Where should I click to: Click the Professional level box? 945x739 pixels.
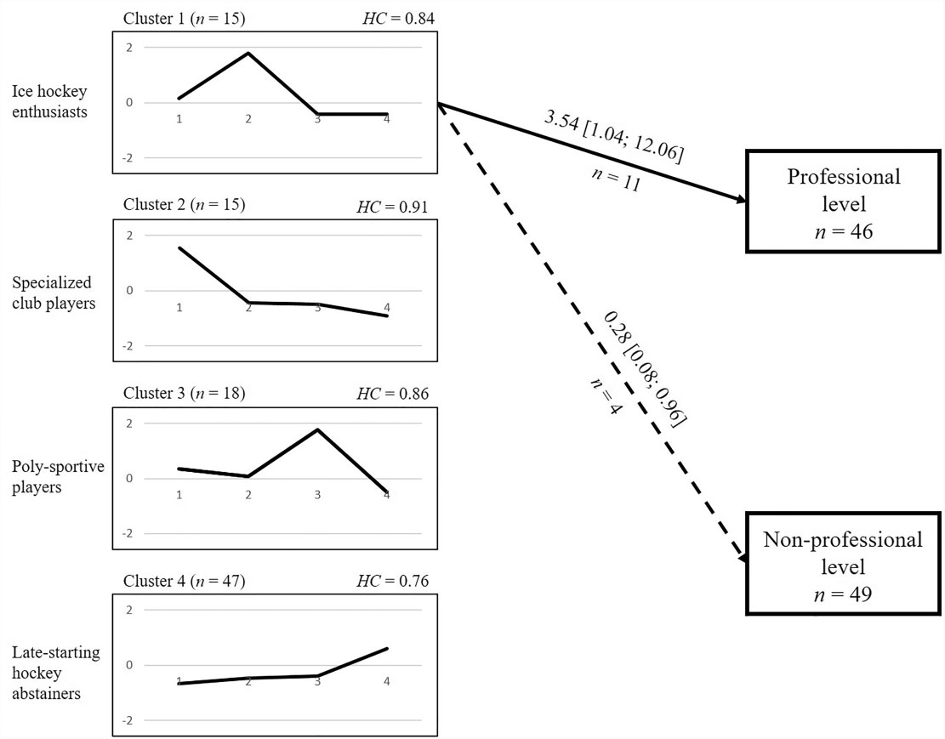(x=843, y=201)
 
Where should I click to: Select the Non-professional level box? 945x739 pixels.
(x=843, y=564)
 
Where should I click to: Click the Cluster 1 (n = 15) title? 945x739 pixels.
(x=184, y=18)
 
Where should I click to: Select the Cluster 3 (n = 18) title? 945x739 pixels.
(x=184, y=394)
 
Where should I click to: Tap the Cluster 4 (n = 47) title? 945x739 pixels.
(x=184, y=581)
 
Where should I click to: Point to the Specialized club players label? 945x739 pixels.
(x=54, y=292)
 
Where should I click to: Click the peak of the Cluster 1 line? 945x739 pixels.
(x=248, y=53)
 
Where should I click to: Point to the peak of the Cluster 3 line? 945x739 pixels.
(x=317, y=429)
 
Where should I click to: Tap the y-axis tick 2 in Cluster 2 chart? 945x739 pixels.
(x=128, y=236)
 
